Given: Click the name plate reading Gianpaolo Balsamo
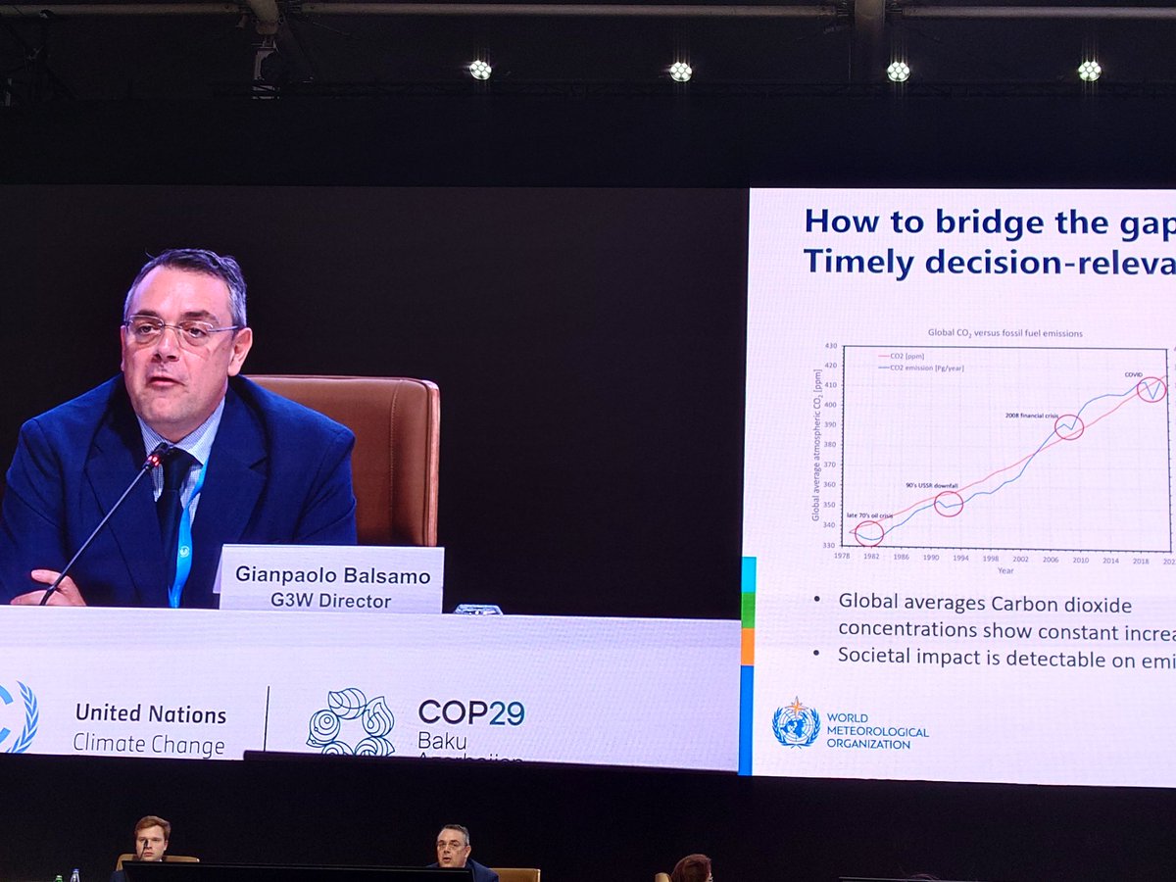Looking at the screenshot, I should tap(330, 579).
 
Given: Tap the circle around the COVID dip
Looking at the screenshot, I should tap(1151, 389).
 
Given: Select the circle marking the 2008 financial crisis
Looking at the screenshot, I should tap(1069, 426).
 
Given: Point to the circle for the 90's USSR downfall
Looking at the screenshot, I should tap(949, 504).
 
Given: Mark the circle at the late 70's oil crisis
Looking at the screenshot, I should tap(869, 533).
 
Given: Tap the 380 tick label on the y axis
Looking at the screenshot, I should tap(827, 443).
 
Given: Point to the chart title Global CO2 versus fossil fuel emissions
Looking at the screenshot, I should tap(1005, 333).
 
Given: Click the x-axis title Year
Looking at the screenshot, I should tap(1005, 570).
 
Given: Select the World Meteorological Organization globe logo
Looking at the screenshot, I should tap(796, 723).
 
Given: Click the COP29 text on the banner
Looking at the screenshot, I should tap(471, 712).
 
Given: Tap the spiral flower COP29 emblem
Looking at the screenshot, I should tap(351, 722).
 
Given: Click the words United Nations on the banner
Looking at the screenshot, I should tap(151, 713).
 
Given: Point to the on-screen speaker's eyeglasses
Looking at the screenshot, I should tap(183, 331).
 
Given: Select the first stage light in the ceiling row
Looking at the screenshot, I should tap(479, 70).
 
